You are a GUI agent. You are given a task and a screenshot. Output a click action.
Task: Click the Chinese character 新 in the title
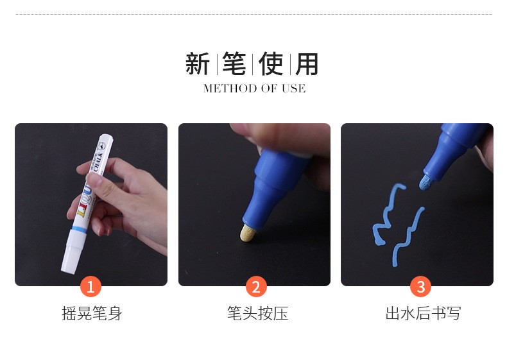(198, 64)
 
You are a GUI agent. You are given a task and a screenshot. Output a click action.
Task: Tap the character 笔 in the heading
(234, 64)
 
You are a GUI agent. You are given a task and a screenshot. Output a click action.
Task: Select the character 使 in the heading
(271, 64)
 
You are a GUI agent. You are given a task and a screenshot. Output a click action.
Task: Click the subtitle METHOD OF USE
(254, 89)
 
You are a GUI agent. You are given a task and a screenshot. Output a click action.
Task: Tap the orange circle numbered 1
(90, 286)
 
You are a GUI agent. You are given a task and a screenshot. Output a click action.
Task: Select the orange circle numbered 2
(255, 286)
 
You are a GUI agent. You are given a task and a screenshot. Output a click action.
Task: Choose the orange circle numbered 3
(420, 286)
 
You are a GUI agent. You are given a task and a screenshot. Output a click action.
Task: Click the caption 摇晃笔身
(91, 313)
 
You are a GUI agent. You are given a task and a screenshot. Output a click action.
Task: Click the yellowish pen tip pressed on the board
(247, 233)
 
